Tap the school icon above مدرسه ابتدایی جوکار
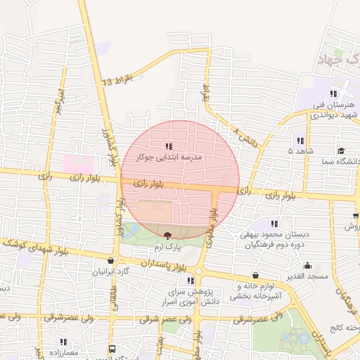(x=168, y=146)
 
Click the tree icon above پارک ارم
(x=167, y=236)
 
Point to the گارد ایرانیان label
(x=112, y=271)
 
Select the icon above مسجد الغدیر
(x=308, y=266)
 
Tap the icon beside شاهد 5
(x=301, y=141)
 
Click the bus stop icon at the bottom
(x=112, y=349)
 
